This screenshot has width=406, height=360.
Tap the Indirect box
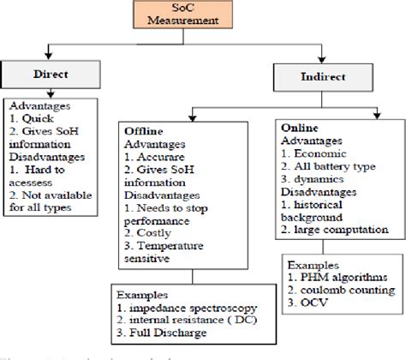310,77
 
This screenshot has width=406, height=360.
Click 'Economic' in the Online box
324,153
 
